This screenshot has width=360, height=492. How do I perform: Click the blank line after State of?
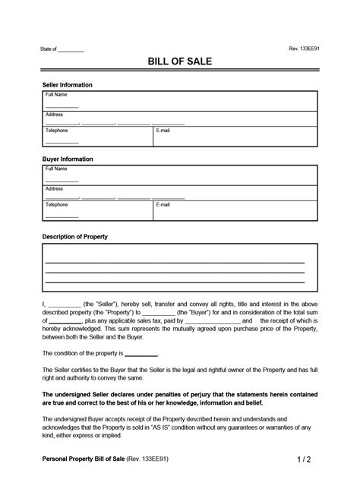(71, 50)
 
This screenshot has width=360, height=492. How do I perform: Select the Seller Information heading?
(67, 84)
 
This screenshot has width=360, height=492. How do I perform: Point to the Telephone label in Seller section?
(57, 131)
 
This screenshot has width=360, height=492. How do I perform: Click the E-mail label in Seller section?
(163, 131)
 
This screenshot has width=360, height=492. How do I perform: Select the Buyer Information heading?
(67, 159)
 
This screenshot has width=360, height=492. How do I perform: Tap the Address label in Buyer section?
(54, 188)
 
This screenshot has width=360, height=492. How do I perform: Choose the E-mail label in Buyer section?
(163, 205)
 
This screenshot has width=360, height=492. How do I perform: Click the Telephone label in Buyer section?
(57, 205)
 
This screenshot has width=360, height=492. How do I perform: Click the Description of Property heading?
(74, 237)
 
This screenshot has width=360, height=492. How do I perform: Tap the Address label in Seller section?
(54, 114)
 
